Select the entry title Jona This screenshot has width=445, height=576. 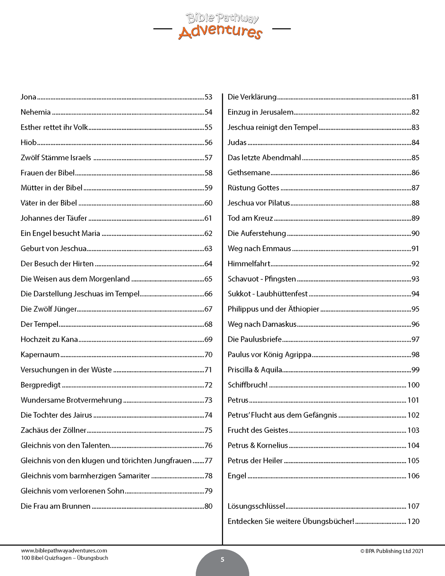(28, 97)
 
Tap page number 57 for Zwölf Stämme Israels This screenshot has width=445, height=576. (208, 158)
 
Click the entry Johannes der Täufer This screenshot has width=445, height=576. (54, 218)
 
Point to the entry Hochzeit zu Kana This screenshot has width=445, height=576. (49, 339)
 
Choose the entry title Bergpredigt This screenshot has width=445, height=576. (41, 385)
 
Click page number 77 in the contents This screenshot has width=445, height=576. (208, 461)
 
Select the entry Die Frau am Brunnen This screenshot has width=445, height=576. (55, 506)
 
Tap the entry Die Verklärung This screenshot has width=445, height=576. (252, 97)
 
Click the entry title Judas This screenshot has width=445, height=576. (237, 143)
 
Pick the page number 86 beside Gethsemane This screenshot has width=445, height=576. (415, 173)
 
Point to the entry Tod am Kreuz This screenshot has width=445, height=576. (250, 218)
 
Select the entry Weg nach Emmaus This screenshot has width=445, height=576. (259, 249)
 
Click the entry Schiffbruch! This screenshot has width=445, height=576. (248, 385)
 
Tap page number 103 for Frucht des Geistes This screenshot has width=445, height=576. (413, 430)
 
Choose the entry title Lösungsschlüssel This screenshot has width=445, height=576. (256, 506)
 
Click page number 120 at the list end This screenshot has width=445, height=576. (413, 521)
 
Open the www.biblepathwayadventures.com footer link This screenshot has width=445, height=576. (64, 551)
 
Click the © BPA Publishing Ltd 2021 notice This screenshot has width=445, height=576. (392, 551)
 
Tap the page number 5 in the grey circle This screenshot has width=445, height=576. (222, 560)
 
